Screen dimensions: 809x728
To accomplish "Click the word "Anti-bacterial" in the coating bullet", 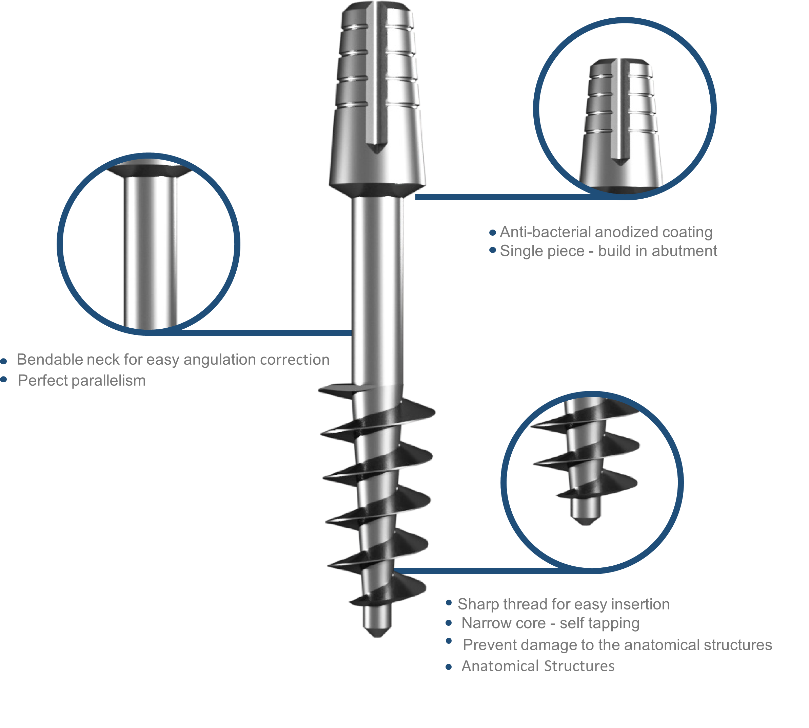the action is point(545,232).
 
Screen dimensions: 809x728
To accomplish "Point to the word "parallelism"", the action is point(108,381).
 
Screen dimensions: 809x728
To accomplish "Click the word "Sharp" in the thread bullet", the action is point(475,604).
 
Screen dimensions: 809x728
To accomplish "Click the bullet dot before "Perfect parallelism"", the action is point(4,379).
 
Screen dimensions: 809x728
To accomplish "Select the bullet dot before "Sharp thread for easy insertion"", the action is point(449,603).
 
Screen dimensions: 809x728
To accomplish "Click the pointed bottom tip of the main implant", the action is point(377,637).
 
